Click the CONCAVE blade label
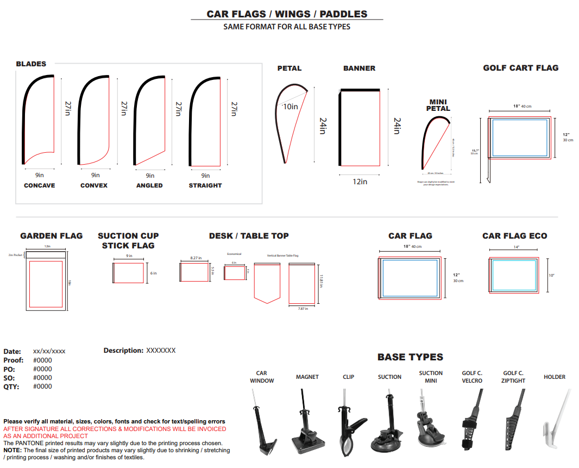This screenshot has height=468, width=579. point(39,185)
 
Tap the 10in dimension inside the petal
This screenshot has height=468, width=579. point(291,107)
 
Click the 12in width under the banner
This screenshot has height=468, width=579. point(360,182)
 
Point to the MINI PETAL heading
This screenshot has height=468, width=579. point(438,105)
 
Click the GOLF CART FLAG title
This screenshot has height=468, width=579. point(520,68)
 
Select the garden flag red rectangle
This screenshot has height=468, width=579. point(46,284)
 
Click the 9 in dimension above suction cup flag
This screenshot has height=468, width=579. point(129,255)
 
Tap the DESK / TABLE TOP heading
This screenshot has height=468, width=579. point(249,236)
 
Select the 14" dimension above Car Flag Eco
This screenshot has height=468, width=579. point(516,247)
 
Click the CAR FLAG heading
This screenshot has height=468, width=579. point(410,236)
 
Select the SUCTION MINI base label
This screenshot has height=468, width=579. point(431,377)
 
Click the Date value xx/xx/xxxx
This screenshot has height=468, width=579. point(49,352)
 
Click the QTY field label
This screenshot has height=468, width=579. point(11,386)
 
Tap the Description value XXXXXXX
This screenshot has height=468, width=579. point(161,351)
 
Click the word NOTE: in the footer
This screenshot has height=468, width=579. point(12,450)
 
